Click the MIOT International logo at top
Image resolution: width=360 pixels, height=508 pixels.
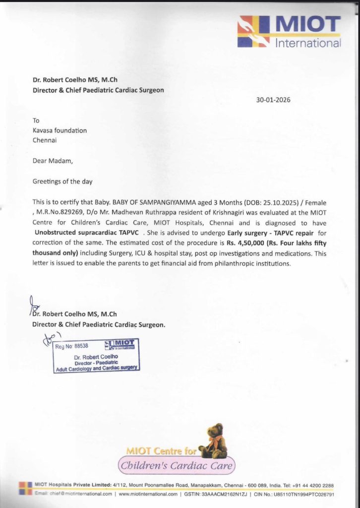pos(289,32)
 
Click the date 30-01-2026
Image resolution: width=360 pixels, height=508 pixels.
pos(273,99)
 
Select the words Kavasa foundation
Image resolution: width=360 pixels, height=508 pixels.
pos(60,130)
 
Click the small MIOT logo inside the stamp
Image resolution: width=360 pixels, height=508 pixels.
pos(120,345)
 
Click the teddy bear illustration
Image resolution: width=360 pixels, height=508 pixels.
pos(213,440)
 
